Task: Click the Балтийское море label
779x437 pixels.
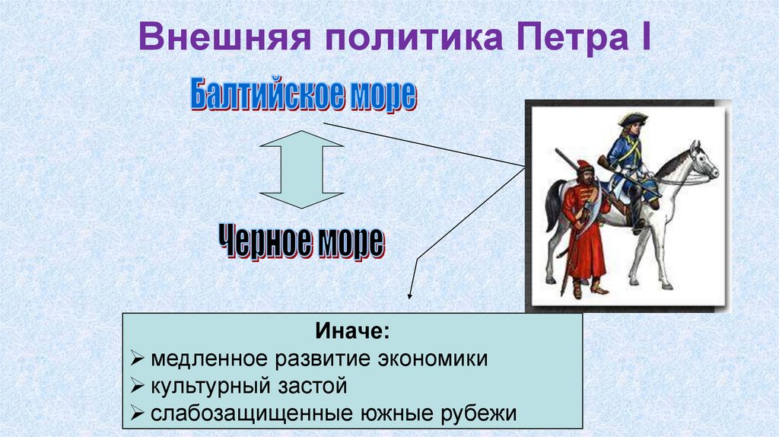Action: tap(303, 96)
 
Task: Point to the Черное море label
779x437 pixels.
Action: tap(302, 243)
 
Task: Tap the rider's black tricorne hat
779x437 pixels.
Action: tap(631, 120)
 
